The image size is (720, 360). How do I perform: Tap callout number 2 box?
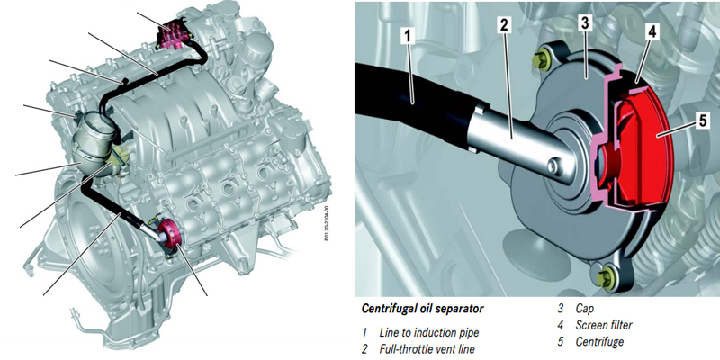[x=505, y=24]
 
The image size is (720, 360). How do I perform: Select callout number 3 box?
[x=585, y=22]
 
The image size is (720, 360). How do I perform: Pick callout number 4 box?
[x=652, y=31]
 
